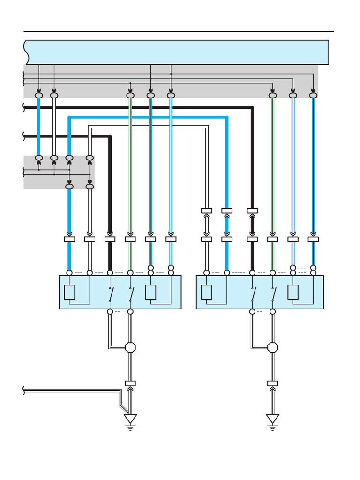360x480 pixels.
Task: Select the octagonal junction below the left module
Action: pyautogui.click(x=130, y=347)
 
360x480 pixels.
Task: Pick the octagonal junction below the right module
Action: pyautogui.click(x=272, y=347)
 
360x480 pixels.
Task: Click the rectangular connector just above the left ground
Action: pyautogui.click(x=130, y=383)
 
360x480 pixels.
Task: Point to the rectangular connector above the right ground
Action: pyautogui.click(x=272, y=383)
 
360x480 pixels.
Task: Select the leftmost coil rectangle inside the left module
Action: pyautogui.click(x=69, y=292)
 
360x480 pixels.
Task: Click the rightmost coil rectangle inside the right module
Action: pyautogui.click(x=293, y=292)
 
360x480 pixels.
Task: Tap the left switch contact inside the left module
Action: pyautogui.click(x=111, y=294)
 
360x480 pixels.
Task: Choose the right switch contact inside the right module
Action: pyautogui.click(x=273, y=294)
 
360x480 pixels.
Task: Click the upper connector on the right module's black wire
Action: pyautogui.click(x=252, y=210)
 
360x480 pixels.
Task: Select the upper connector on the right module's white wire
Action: pyautogui.click(x=206, y=210)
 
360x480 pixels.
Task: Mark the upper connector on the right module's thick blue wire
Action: pyautogui.click(x=227, y=210)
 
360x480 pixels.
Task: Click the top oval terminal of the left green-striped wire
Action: pyautogui.click(x=130, y=96)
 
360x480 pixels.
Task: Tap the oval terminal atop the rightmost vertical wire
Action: pyautogui.click(x=313, y=96)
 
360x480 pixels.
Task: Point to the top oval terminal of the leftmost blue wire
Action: pyautogui.click(x=39, y=96)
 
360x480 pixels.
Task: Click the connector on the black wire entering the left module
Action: pyautogui.click(x=110, y=240)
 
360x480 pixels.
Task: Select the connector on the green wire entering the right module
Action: pyautogui.click(x=272, y=240)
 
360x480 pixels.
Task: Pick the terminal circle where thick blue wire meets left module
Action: pyautogui.click(x=69, y=273)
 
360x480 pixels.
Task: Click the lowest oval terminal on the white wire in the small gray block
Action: pyautogui.click(x=90, y=187)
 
